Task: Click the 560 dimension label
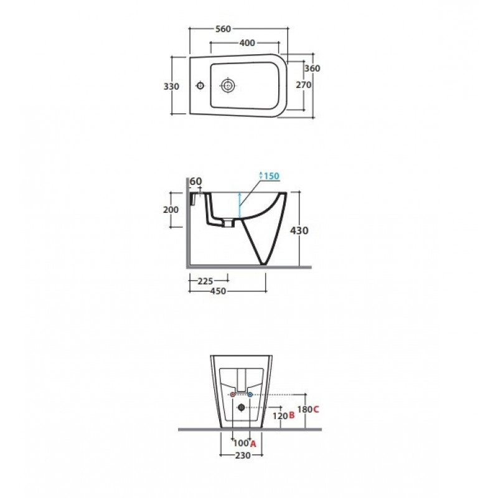coord(223,29)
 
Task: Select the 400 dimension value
coord(247,43)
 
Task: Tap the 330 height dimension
coord(171,87)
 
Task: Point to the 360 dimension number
coord(312,68)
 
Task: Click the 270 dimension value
coord(304,85)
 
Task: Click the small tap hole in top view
coord(200,85)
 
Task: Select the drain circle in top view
coord(228,85)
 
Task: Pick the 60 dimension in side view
coord(196,181)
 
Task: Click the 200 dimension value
coord(171,210)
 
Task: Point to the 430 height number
coord(299,230)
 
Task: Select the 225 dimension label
coord(205,281)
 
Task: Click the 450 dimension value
coord(218,291)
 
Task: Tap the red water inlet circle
coord(233,395)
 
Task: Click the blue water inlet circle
coord(250,395)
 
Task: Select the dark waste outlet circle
coord(242,407)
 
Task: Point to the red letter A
coord(253,444)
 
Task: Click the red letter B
coord(292,415)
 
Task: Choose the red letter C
coord(316,410)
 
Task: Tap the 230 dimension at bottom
coord(243,456)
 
